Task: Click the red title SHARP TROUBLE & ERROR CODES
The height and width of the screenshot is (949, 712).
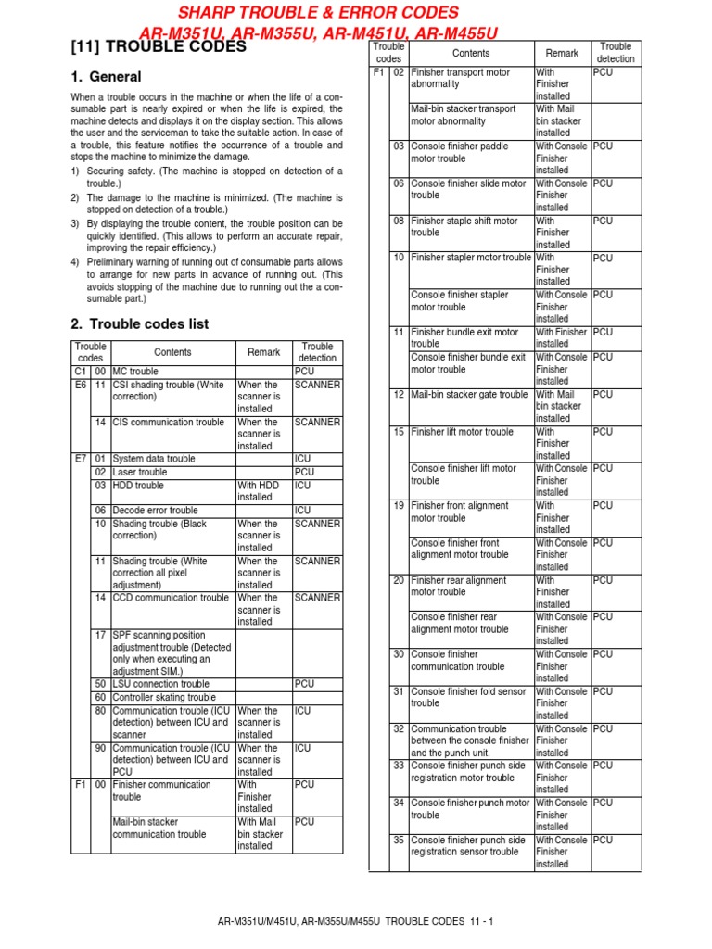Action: coord(318,12)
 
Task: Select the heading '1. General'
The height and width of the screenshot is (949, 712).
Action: coord(107,77)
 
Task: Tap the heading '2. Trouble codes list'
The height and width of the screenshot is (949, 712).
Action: coord(140,323)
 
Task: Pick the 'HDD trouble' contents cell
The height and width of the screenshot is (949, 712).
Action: coord(138,485)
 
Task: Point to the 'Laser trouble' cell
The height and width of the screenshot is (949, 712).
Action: coord(140,472)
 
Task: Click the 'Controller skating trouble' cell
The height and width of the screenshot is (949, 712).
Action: coord(164,697)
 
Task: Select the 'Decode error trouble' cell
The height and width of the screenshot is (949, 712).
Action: coord(155,510)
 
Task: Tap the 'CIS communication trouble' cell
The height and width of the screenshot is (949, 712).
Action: coord(169,422)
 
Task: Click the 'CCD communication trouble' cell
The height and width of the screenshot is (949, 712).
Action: coord(171,598)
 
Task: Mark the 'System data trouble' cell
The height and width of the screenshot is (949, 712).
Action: coord(154,459)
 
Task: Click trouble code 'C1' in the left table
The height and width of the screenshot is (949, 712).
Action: coord(80,371)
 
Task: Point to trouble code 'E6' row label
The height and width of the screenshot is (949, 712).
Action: coord(80,384)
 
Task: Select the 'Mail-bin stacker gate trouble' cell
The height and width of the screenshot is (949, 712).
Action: coord(469,394)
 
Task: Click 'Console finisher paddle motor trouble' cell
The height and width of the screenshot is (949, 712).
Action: coord(460,152)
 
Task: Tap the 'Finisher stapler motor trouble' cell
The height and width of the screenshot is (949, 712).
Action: coord(471,258)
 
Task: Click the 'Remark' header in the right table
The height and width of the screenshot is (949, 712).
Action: coord(562,53)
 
